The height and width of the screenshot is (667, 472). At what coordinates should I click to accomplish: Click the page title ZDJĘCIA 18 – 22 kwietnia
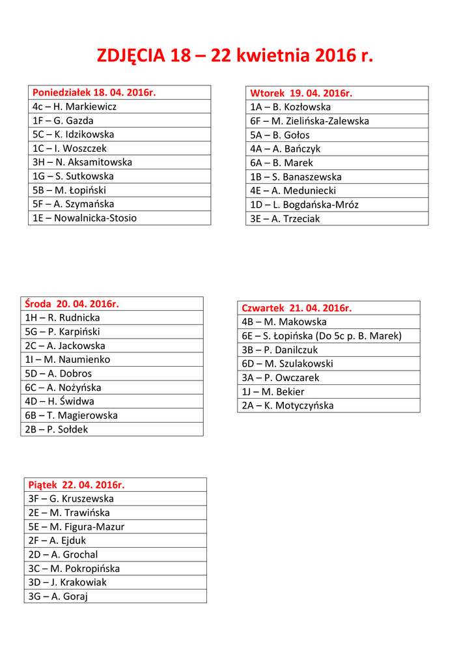pos(235,56)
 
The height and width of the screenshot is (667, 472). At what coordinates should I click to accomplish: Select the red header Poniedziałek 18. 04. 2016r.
pos(94,92)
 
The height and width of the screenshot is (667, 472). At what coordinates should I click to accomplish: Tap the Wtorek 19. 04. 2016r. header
pos(301,93)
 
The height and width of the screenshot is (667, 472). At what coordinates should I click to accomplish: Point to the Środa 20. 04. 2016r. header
pos(72,304)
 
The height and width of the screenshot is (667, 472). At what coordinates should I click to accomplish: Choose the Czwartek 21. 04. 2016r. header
pos(297,308)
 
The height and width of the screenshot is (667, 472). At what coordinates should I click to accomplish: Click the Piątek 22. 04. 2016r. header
pos(76,485)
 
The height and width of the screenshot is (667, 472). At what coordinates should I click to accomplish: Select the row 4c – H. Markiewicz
pos(75,106)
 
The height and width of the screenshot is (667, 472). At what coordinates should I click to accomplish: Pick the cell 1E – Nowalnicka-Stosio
pos(85,218)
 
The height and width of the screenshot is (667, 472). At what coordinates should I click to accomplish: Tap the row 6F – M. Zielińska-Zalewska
pos(310,121)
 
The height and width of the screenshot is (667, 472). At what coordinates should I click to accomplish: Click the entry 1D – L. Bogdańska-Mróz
pos(305,205)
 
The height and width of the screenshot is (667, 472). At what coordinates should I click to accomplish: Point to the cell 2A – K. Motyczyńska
pos(288,406)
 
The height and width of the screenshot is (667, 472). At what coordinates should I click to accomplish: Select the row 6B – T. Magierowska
pos(72,416)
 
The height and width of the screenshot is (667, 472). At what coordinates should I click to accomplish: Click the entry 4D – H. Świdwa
pos(60,401)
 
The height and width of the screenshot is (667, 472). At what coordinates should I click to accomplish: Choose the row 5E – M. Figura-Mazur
pos(77,527)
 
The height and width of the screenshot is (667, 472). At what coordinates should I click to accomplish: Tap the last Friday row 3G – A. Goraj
pos(58,596)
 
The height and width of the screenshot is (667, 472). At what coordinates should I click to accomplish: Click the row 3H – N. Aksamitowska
pos(83,162)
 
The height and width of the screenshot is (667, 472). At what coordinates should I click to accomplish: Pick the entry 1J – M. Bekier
pos(273,391)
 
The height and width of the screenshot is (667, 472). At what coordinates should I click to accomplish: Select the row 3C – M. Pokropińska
pos(74,569)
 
